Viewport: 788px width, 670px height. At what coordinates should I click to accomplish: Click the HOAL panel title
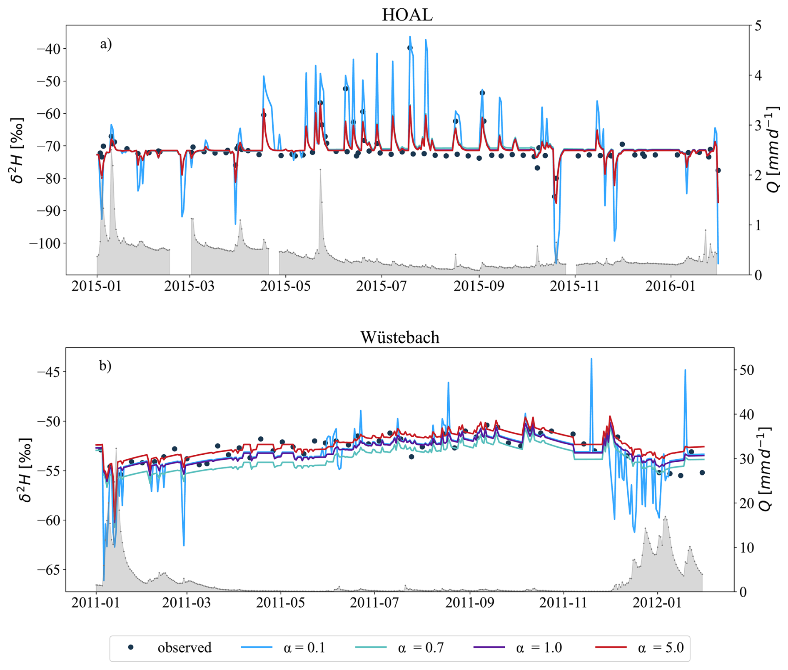click(x=407, y=15)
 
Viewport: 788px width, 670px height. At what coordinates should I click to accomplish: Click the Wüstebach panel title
click(x=400, y=337)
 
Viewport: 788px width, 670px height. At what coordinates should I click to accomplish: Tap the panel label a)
click(x=106, y=44)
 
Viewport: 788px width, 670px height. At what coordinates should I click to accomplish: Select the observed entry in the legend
click(x=184, y=648)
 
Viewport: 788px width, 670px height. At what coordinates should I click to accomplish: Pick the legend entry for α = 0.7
click(x=421, y=648)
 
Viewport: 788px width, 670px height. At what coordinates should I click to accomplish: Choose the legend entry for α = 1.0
click(x=539, y=648)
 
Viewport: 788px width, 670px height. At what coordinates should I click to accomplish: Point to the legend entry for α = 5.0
click(x=661, y=648)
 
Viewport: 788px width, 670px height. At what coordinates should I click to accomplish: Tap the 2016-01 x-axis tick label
click(x=670, y=286)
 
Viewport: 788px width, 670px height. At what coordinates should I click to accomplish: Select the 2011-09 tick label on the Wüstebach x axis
click(x=470, y=603)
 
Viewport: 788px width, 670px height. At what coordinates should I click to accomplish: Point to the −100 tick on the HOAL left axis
click(x=44, y=243)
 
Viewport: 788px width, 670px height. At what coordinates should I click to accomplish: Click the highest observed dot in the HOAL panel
click(x=410, y=48)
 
